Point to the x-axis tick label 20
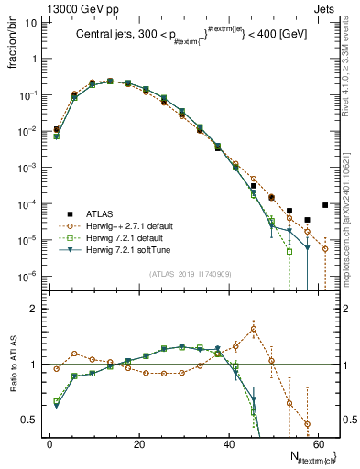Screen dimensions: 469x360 tap(138, 443)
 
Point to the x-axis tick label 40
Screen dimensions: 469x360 tap(228, 443)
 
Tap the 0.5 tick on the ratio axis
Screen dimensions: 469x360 tap(33, 420)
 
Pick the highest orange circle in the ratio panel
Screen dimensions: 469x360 tap(254, 329)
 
